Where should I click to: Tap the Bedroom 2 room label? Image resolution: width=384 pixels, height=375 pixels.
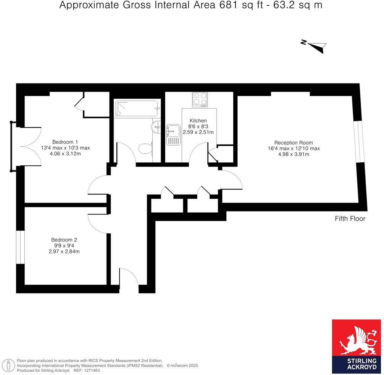coord(64,240)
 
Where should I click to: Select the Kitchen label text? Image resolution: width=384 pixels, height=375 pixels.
coord(198,120)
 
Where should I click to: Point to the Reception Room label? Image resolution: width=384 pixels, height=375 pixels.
coord(294,143)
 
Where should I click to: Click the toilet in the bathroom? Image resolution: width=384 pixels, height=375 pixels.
coord(145,149)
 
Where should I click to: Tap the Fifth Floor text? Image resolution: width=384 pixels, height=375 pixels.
coord(350,219)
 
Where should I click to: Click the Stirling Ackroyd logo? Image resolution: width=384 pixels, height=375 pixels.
coord(357,346)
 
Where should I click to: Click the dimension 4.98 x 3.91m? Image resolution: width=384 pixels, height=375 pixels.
coord(294,154)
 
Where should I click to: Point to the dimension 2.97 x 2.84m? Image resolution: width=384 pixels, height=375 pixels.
coord(64,252)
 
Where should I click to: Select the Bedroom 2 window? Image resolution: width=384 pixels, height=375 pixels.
coord(20,247)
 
